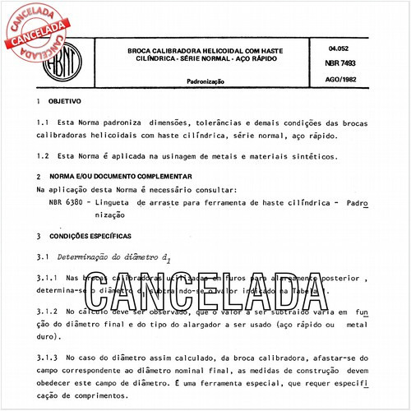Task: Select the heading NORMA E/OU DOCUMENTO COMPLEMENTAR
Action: tap(119, 177)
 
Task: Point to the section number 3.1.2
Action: tap(51, 313)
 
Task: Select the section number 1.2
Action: tap(45, 155)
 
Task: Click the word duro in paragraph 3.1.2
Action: tap(62, 337)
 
